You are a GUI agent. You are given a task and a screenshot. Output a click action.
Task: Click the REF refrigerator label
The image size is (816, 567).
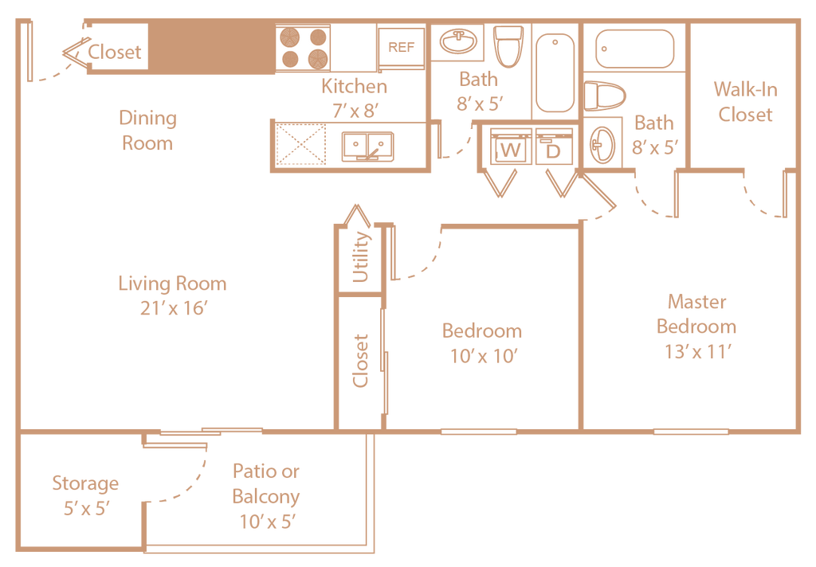tap(401, 47)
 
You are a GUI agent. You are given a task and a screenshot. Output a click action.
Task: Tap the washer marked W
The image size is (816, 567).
tap(511, 147)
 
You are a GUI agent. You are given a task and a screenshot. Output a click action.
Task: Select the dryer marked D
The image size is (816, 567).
tap(554, 147)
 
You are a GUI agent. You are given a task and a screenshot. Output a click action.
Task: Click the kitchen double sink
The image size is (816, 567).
tap(367, 147)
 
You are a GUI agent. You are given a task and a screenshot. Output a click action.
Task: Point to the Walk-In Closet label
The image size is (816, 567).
tap(745, 101)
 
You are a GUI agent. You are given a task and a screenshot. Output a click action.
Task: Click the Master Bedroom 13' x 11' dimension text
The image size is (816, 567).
tap(697, 352)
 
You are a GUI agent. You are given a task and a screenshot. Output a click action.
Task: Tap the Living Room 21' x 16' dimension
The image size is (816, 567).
tap(173, 308)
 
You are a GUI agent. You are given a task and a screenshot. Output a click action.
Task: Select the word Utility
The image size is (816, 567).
tap(360, 257)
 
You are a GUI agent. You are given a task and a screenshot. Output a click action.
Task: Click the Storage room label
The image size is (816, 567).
tap(85, 483)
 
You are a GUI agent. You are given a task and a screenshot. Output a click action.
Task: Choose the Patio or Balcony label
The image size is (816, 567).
tap(266, 483)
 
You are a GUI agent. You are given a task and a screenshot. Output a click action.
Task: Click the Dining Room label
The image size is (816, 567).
tap(147, 130)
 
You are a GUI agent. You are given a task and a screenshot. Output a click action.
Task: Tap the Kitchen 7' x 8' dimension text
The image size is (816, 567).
tap(355, 110)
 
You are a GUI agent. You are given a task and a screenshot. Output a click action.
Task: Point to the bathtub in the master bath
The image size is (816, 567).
tap(634, 49)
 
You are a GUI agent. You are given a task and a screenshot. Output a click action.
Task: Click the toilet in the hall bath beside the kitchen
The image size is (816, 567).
tap(508, 46)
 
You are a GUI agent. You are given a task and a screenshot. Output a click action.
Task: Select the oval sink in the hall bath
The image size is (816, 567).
tap(458, 41)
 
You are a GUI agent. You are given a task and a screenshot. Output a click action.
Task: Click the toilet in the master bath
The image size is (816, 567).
tap(604, 96)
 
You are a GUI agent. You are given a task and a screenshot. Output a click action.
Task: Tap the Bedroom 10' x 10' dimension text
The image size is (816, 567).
tap(483, 356)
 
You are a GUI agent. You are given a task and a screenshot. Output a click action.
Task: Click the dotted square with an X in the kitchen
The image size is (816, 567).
tap(300, 144)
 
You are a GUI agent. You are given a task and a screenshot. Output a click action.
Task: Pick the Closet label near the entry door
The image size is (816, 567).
tap(115, 52)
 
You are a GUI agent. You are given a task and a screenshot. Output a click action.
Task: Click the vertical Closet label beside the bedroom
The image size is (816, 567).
tap(360, 361)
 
